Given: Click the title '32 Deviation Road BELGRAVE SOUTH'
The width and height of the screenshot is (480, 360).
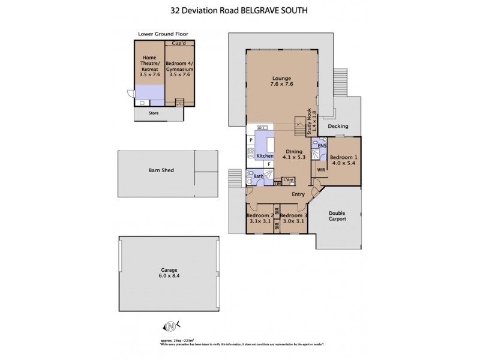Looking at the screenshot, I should click(239, 11).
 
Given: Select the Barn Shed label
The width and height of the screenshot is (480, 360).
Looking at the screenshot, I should click(161, 170).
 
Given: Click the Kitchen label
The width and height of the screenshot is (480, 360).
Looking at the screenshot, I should click(265, 156).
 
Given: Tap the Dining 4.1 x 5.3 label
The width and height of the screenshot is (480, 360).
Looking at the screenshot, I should click(294, 154).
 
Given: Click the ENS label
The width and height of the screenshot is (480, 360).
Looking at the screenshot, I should click(322, 145).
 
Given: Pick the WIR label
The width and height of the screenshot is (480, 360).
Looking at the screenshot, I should click(321, 170).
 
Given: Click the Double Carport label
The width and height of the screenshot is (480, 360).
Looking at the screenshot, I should click(337, 215).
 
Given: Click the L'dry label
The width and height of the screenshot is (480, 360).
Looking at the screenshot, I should click(289, 179).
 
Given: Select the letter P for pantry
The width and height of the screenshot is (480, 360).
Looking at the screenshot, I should click(251, 140).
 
